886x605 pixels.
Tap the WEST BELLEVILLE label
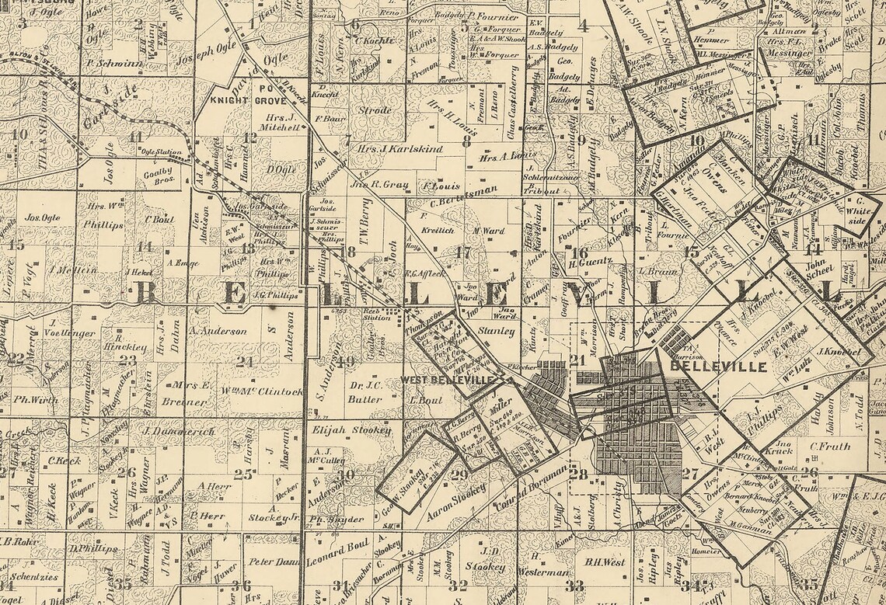pos(447,380)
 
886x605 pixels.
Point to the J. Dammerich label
pos(178,429)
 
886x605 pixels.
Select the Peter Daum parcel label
pos(274,561)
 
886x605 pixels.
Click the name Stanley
pos(497,332)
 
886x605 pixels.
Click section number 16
pos(579,252)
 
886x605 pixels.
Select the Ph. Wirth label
pos(37,401)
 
